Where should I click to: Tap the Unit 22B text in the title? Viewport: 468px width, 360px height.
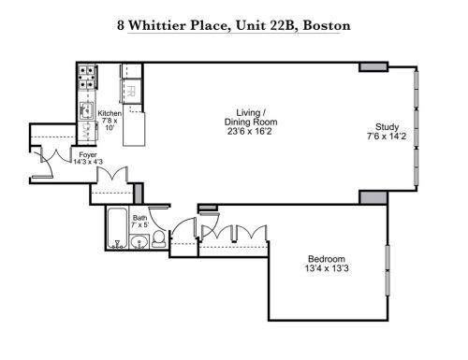262,24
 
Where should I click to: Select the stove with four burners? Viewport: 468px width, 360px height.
86,79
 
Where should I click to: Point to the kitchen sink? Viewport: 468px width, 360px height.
85,110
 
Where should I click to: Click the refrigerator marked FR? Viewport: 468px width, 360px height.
130,92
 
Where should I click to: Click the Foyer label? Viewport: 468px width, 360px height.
87,154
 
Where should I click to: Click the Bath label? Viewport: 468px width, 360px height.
139,219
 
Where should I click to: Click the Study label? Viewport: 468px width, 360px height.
387,127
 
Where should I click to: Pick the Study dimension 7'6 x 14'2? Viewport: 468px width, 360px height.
387,137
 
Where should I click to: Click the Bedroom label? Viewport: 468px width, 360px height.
328,259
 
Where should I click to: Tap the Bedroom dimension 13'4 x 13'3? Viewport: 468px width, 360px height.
328,269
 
